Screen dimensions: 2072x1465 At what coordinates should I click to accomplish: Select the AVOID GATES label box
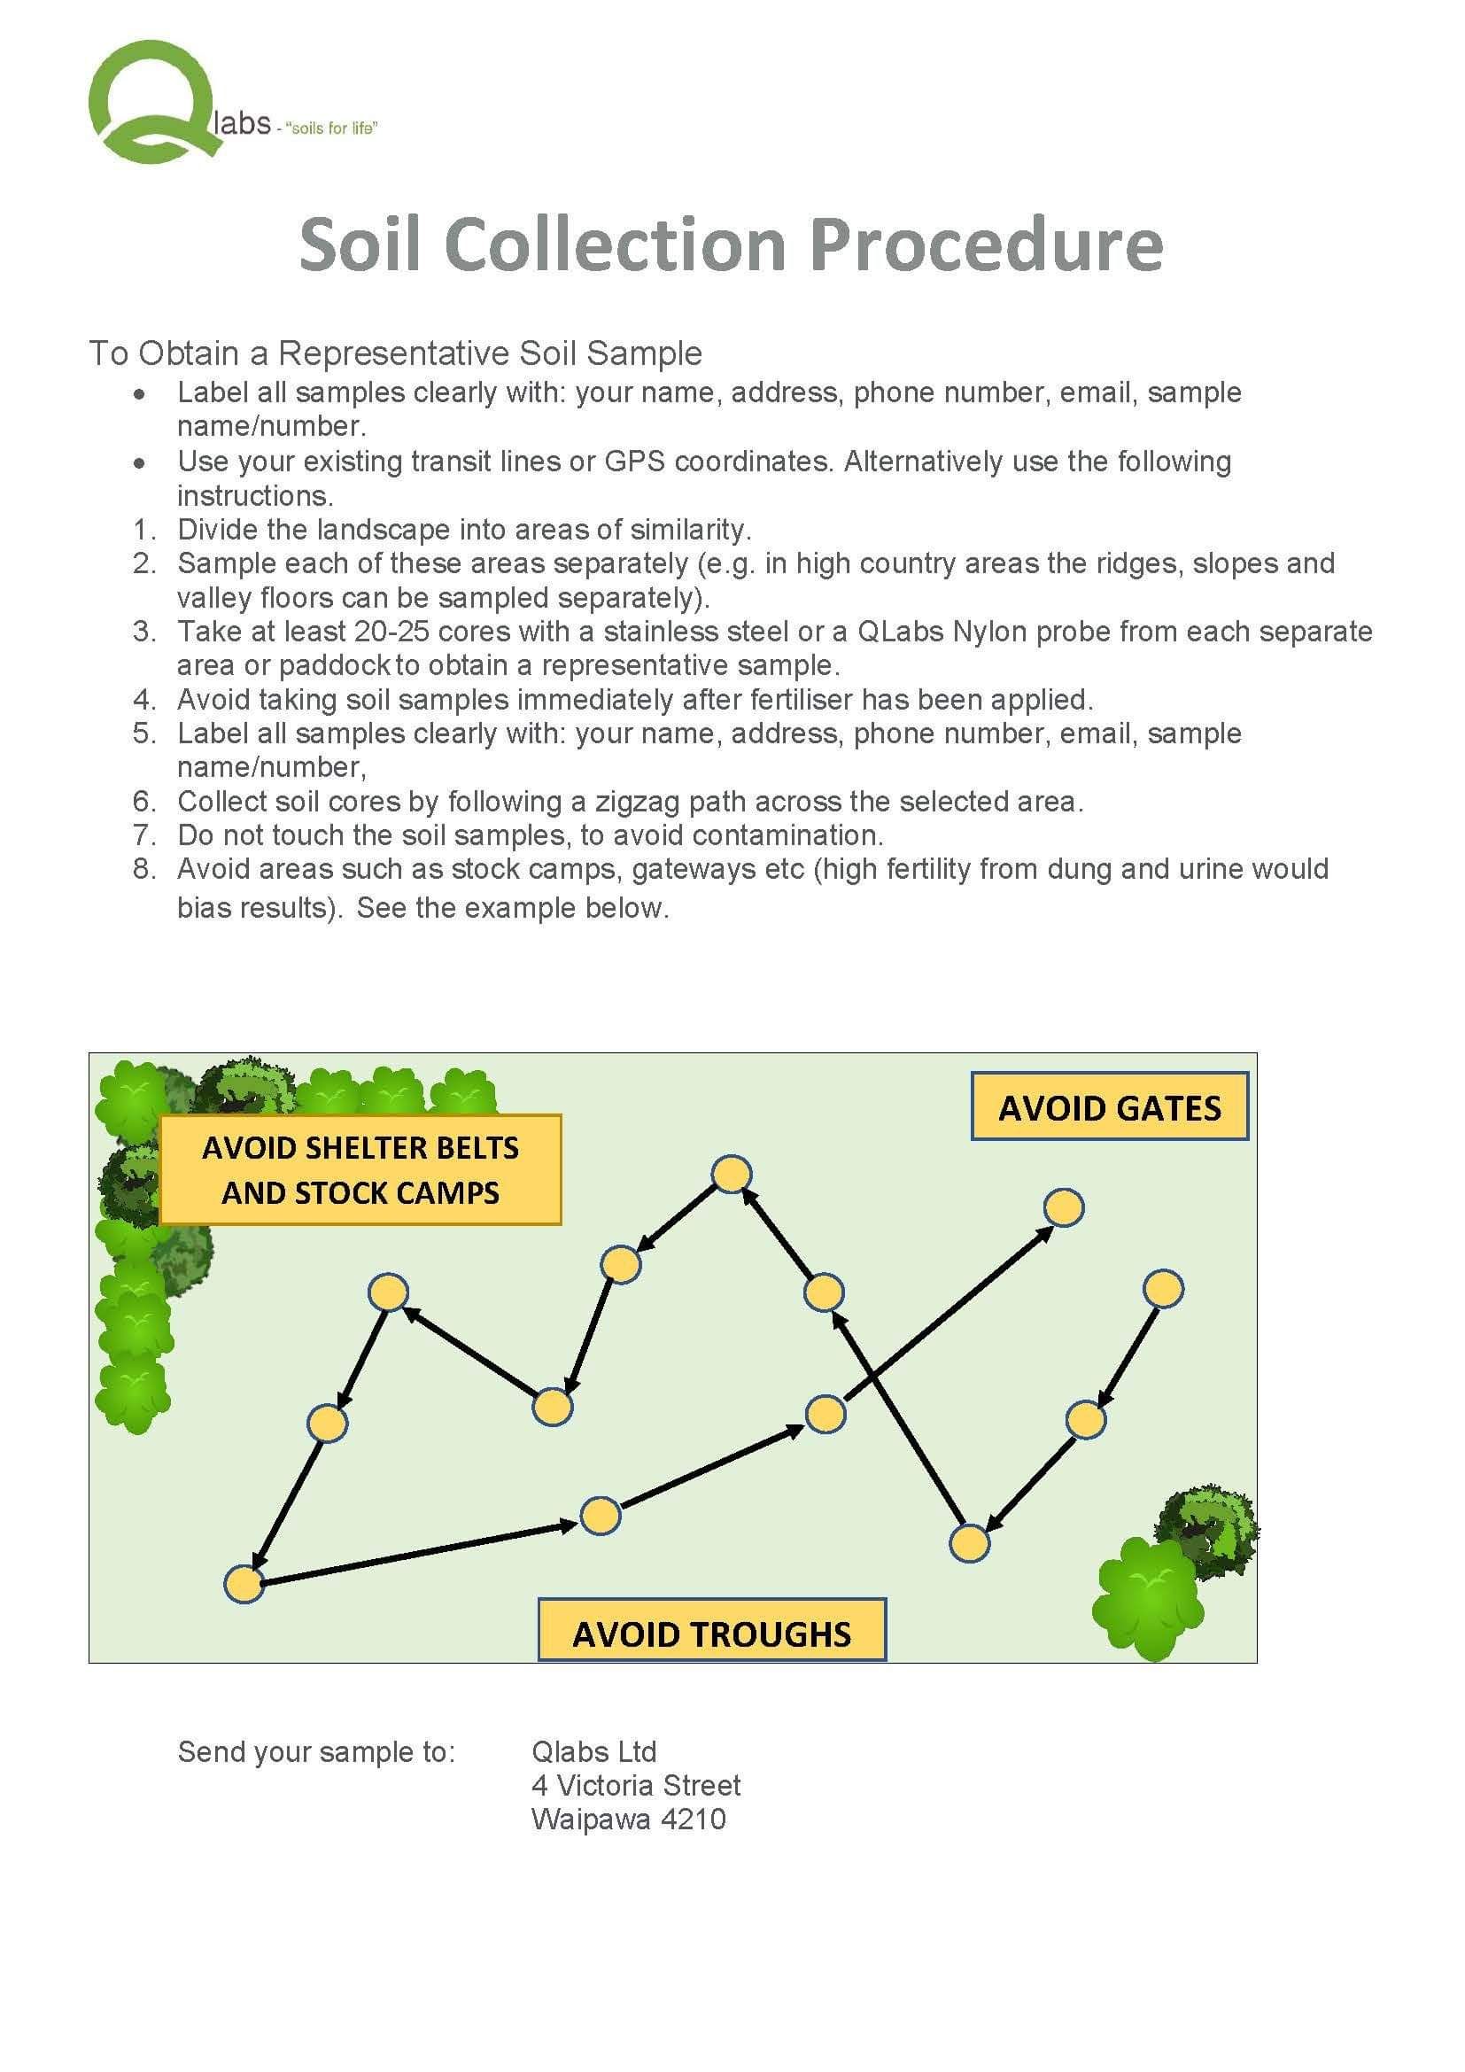coord(1109,1106)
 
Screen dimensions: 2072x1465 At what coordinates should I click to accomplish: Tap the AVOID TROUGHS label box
coord(712,1633)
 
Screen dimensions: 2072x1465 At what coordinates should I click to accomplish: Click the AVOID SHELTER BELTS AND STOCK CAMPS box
coord(360,1169)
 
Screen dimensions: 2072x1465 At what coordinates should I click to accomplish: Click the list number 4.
coord(143,700)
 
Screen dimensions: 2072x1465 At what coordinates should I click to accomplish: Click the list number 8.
coord(143,869)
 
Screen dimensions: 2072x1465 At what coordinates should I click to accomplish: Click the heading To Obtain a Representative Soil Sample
coord(395,353)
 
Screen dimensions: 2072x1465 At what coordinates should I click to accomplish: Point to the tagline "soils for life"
coord(331,128)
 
